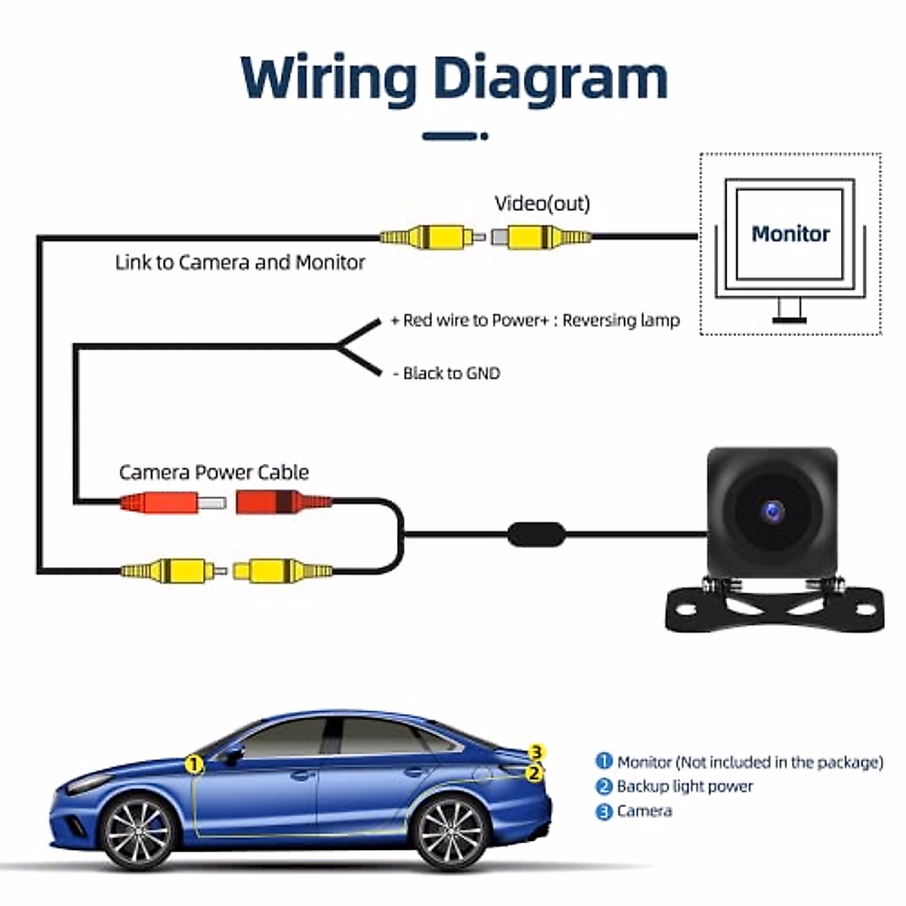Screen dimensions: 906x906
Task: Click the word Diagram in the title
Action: coord(551,78)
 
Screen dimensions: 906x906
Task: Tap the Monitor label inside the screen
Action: coord(790,234)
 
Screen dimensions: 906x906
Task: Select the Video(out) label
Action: coord(542,204)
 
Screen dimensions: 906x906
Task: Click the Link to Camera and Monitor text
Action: coord(239,263)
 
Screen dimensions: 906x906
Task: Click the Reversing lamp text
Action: coord(621,320)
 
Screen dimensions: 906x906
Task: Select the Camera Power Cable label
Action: coord(214,473)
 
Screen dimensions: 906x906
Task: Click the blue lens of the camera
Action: coord(772,513)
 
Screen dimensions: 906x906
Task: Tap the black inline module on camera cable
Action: coord(536,535)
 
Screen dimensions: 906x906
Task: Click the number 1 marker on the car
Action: coord(195,765)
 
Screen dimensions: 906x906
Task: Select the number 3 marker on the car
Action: coord(536,752)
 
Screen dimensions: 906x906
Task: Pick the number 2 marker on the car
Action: coord(534,773)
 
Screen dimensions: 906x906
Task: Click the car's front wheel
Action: coord(137,830)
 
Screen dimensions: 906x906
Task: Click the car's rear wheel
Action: coord(449,830)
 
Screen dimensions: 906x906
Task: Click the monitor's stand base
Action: coord(790,320)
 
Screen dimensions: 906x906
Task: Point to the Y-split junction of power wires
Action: coord(340,347)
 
